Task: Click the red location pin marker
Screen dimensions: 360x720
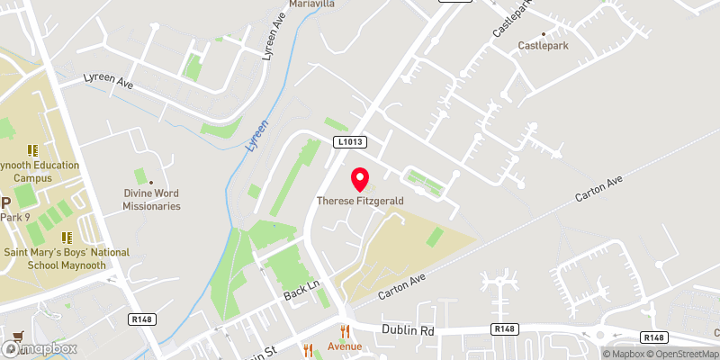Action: [x=360, y=179]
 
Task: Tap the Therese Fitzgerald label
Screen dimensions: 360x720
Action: [x=360, y=201]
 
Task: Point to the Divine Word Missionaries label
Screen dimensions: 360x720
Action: [x=152, y=199]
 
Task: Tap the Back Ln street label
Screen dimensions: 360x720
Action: [x=301, y=294]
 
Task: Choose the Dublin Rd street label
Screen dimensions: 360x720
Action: [x=409, y=330]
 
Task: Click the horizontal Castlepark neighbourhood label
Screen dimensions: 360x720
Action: [x=543, y=45]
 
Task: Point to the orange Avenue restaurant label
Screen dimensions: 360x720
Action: [x=344, y=346]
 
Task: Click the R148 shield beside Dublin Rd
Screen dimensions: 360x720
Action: [x=504, y=330]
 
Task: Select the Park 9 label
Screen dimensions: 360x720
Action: [x=15, y=217]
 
